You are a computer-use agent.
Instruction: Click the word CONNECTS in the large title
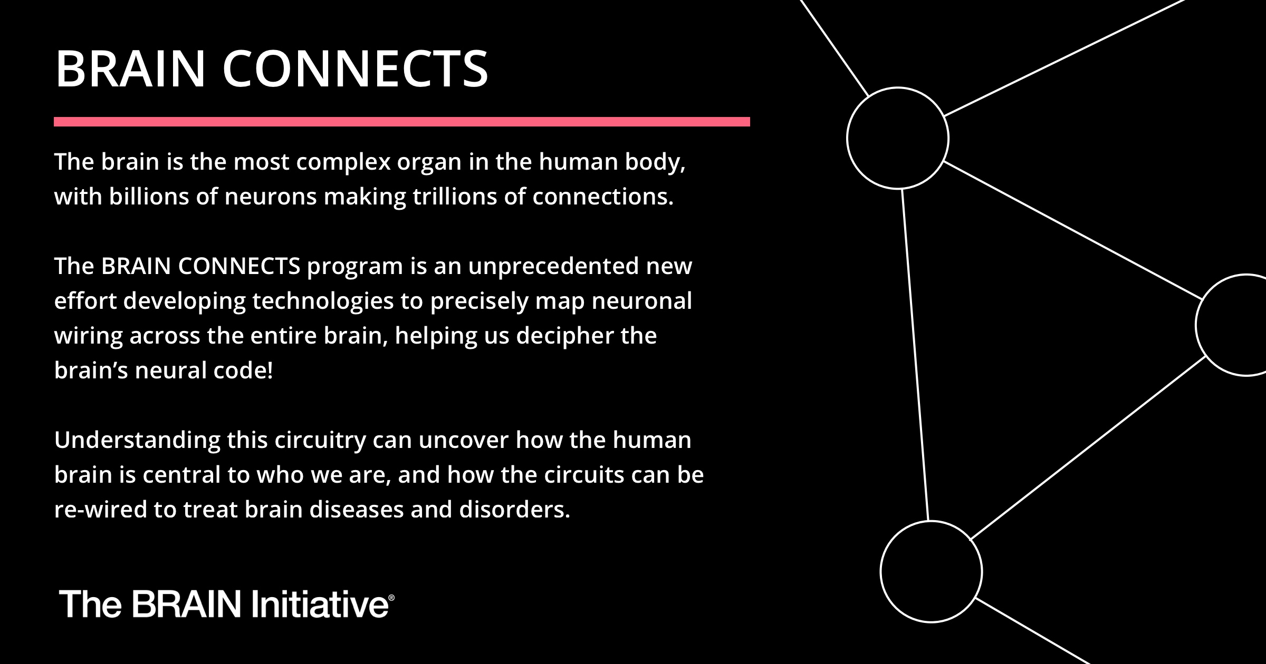click(x=355, y=69)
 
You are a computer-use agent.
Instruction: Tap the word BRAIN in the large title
click(x=130, y=69)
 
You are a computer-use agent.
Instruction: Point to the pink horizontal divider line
click(x=401, y=122)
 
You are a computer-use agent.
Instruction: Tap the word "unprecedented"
click(x=553, y=266)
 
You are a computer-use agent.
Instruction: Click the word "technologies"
click(x=323, y=301)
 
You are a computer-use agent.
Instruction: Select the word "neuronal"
click(x=641, y=301)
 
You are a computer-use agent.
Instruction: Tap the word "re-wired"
click(x=100, y=510)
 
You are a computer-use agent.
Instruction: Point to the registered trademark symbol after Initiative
click(x=391, y=598)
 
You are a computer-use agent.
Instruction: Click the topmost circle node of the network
click(x=897, y=138)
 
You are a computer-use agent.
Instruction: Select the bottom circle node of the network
click(x=931, y=572)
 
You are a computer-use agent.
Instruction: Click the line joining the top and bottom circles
click(x=915, y=354)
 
